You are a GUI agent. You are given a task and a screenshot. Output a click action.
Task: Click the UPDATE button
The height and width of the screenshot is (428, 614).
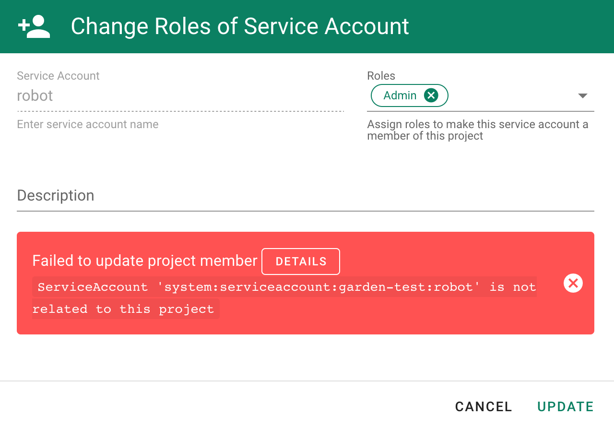tap(565, 406)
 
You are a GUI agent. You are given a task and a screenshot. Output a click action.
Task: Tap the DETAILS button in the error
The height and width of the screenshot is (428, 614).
tap(301, 262)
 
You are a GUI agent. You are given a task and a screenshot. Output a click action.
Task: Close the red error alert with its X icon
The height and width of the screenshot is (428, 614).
tap(573, 283)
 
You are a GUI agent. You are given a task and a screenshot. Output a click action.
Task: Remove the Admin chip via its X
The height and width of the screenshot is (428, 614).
tap(431, 95)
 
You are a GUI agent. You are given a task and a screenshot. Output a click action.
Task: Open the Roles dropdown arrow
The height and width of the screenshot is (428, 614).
tap(583, 96)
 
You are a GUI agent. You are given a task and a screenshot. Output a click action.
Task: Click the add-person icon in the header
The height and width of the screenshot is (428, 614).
tap(34, 26)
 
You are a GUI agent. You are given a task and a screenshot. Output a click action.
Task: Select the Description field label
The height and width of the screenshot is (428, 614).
tap(56, 195)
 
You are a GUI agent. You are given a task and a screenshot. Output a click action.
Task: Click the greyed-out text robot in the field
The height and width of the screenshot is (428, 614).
tap(35, 95)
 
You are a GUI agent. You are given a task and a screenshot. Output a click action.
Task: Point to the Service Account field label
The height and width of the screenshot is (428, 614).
tap(58, 76)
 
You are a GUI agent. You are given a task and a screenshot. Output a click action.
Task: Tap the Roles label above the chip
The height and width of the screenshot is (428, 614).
tap(381, 76)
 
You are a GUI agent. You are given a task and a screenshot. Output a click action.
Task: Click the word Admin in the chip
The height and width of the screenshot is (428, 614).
tap(400, 95)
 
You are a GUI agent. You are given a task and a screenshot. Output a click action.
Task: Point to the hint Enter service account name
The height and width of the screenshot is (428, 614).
tap(88, 124)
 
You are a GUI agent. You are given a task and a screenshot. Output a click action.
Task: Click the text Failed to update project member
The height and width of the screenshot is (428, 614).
tap(144, 261)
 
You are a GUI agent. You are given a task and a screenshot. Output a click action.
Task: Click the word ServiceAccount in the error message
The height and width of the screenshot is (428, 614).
tap(93, 287)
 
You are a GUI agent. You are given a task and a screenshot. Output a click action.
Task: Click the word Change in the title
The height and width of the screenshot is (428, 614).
tap(109, 26)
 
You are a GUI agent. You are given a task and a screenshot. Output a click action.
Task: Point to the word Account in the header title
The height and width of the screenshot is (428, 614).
tap(367, 26)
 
